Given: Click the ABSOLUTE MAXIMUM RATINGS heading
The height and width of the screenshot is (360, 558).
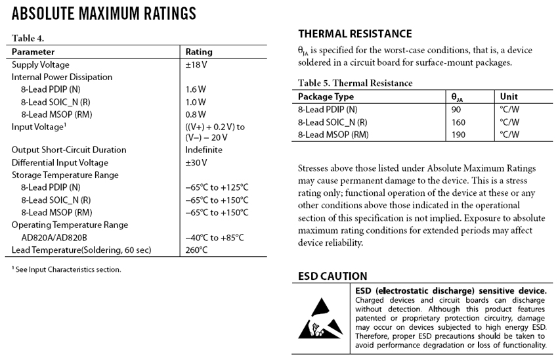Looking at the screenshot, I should coord(104,13).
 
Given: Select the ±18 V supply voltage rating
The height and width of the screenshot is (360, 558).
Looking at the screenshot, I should coord(196,64).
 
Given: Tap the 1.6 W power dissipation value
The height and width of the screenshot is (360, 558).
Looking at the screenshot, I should coord(196,89).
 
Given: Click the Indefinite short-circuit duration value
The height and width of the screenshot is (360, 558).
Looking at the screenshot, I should coord(204,150).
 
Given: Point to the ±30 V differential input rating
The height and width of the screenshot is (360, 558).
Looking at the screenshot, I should coord(196,162).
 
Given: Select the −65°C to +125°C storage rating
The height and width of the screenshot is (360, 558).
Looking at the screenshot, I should coord(217,187).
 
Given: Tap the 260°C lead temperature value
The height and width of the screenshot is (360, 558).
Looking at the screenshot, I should coord(197,250).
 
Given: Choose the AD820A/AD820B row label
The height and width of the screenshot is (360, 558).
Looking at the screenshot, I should coord(54,237).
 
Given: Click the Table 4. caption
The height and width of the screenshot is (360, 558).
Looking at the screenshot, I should coord(28,38).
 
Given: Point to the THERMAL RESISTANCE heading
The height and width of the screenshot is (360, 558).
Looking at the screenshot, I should coord(354,34).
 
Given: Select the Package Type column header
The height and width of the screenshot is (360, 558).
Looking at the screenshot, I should coord(326,97).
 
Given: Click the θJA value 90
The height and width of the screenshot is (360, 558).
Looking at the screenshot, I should coord(456,109).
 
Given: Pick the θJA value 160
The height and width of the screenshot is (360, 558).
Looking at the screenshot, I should coord(458,122).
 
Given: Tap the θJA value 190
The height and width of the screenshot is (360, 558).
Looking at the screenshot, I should coord(458,134).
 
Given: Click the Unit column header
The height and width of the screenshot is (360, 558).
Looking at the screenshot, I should coord(509,97).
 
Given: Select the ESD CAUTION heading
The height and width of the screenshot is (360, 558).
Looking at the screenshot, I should coord(332,276).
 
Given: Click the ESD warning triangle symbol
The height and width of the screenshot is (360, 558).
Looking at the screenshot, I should coord(321,317).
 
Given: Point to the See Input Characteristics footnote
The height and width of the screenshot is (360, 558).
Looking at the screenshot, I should coord(66,269).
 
